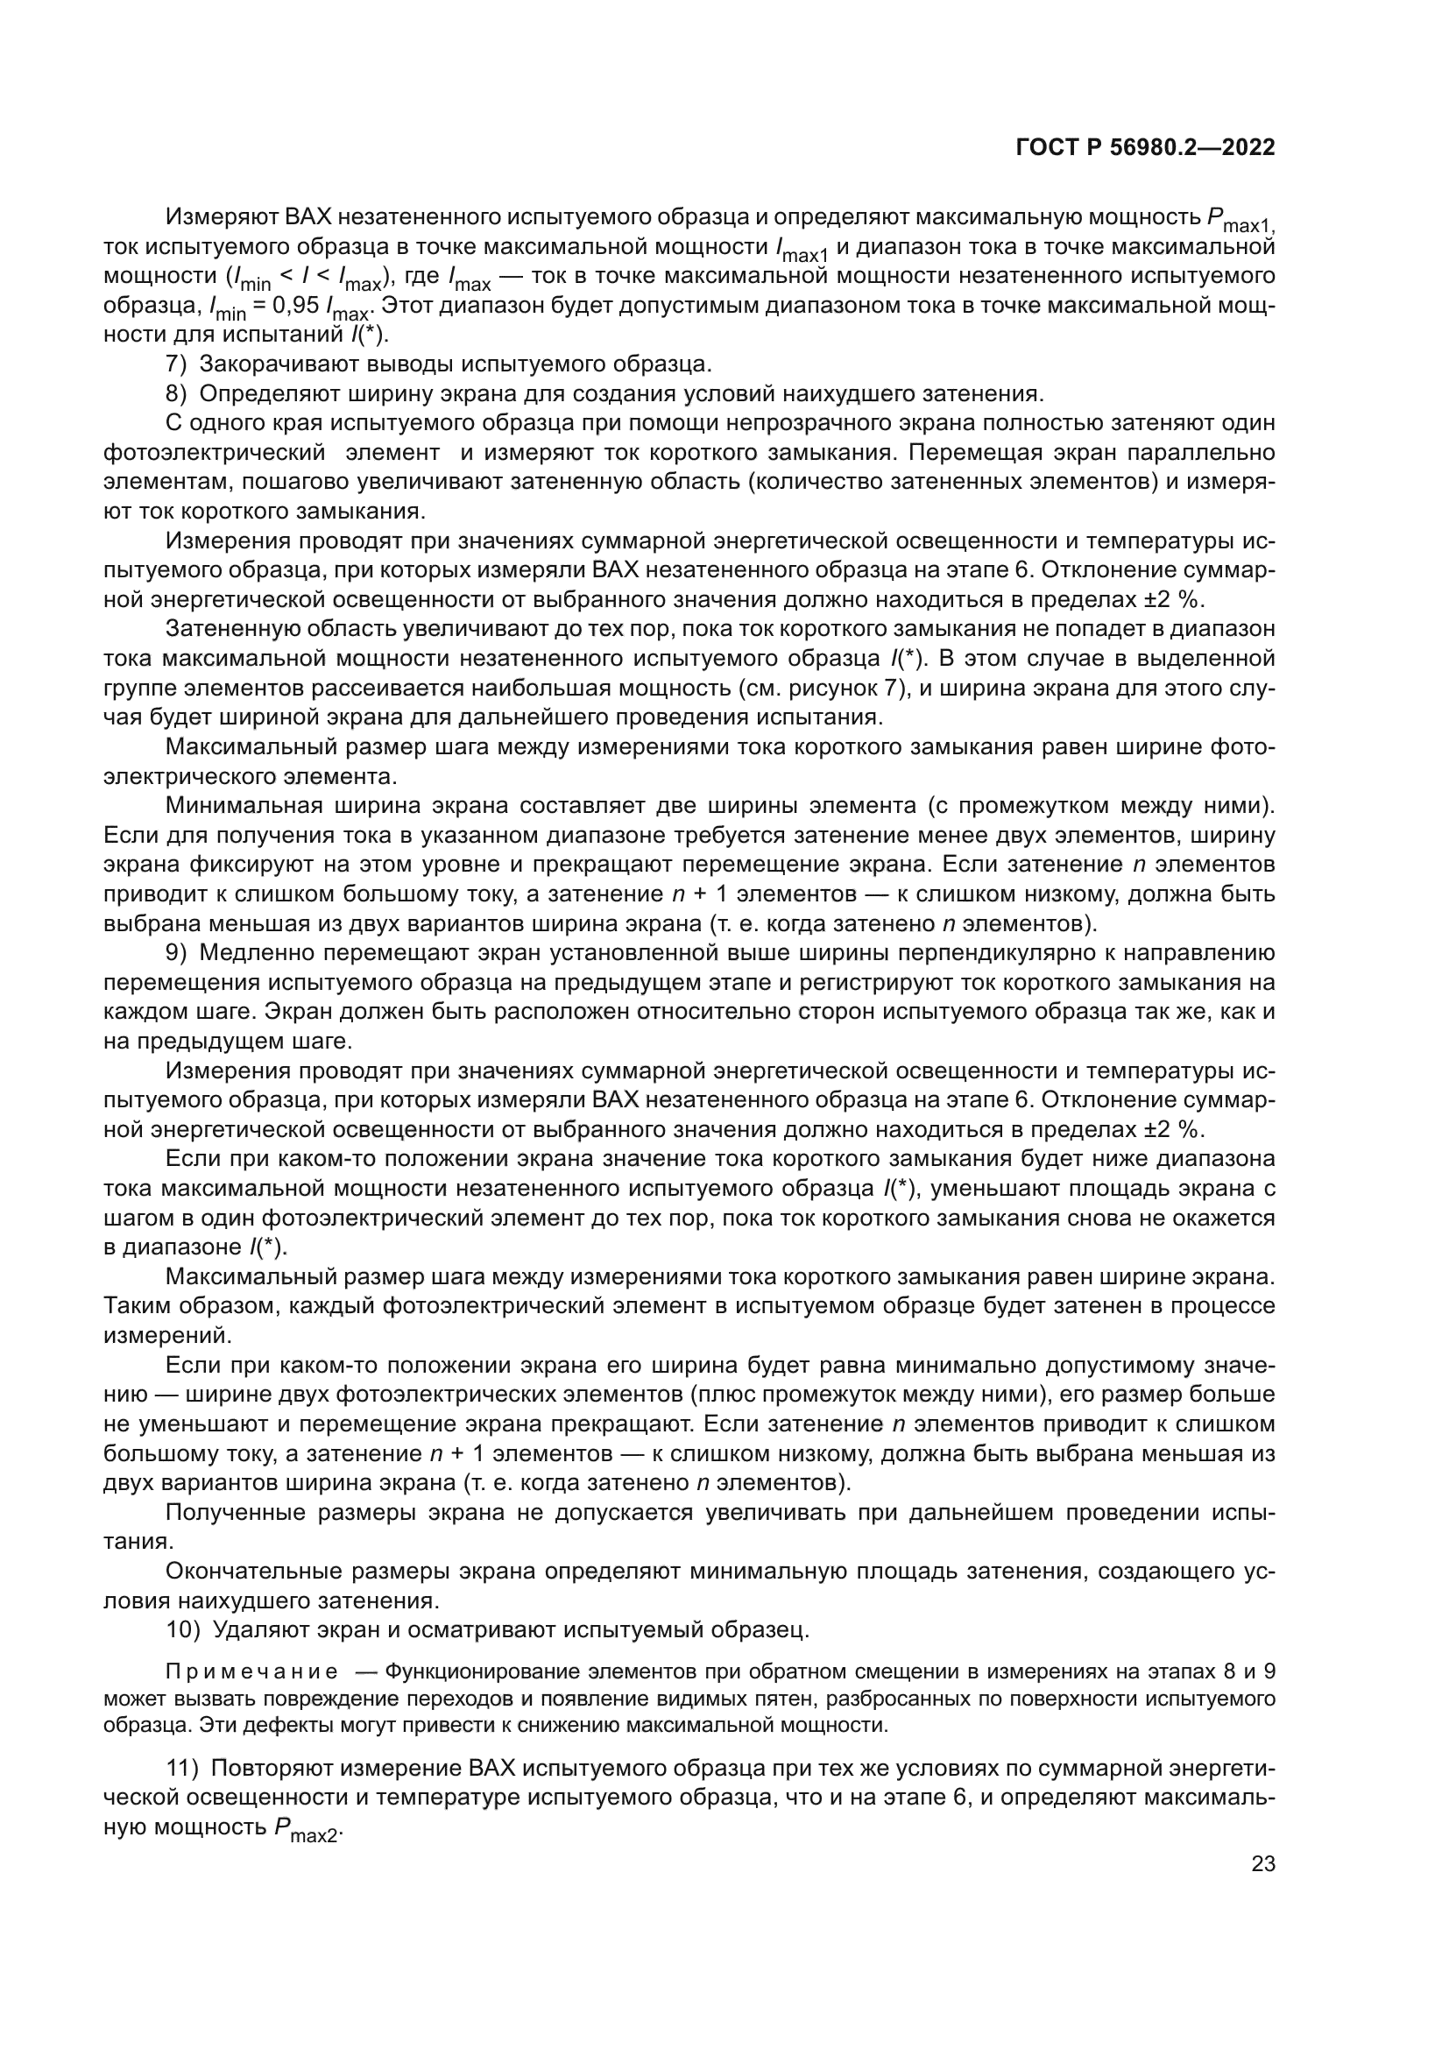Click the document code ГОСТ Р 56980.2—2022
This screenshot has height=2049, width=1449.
(x=1145, y=148)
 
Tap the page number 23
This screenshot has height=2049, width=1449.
(x=1262, y=1863)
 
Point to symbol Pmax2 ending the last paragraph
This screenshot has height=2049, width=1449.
(x=307, y=1829)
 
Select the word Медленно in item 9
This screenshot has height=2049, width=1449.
(x=256, y=953)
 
